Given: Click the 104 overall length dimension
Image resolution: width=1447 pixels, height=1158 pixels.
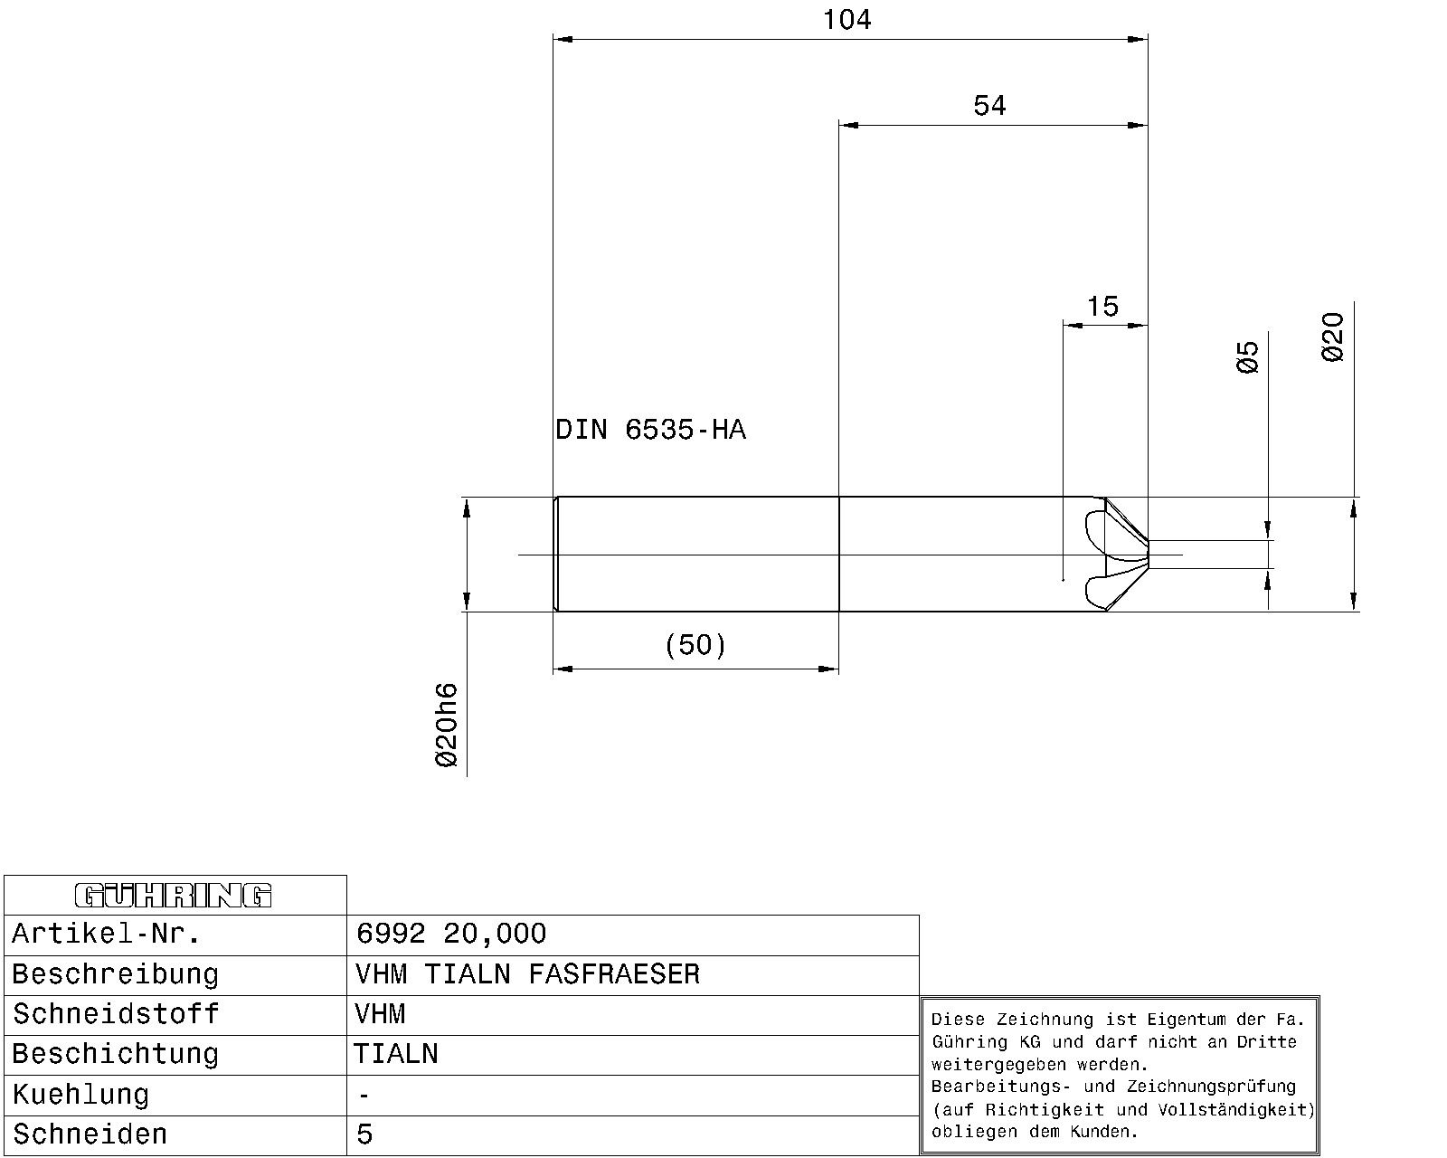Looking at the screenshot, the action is tap(846, 20).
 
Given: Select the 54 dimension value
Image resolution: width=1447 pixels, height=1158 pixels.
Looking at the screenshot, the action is tap(989, 106).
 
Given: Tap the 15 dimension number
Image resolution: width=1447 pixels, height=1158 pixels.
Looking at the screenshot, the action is tap(1102, 307).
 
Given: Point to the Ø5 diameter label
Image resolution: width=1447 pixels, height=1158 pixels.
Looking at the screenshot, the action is tap(1247, 356).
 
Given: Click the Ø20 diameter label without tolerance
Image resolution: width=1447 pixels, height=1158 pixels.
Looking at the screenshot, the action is tap(1333, 337).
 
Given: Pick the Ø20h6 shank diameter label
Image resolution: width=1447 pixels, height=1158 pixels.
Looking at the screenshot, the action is tap(447, 725).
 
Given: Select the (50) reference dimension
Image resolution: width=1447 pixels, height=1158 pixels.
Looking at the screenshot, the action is tap(695, 645).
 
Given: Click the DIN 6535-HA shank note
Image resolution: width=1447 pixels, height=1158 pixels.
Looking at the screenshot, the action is tap(650, 430).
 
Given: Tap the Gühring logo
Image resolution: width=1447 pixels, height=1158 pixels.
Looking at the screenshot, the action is tap(174, 896).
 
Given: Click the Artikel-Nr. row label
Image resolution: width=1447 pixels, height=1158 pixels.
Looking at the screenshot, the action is tap(106, 934).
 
